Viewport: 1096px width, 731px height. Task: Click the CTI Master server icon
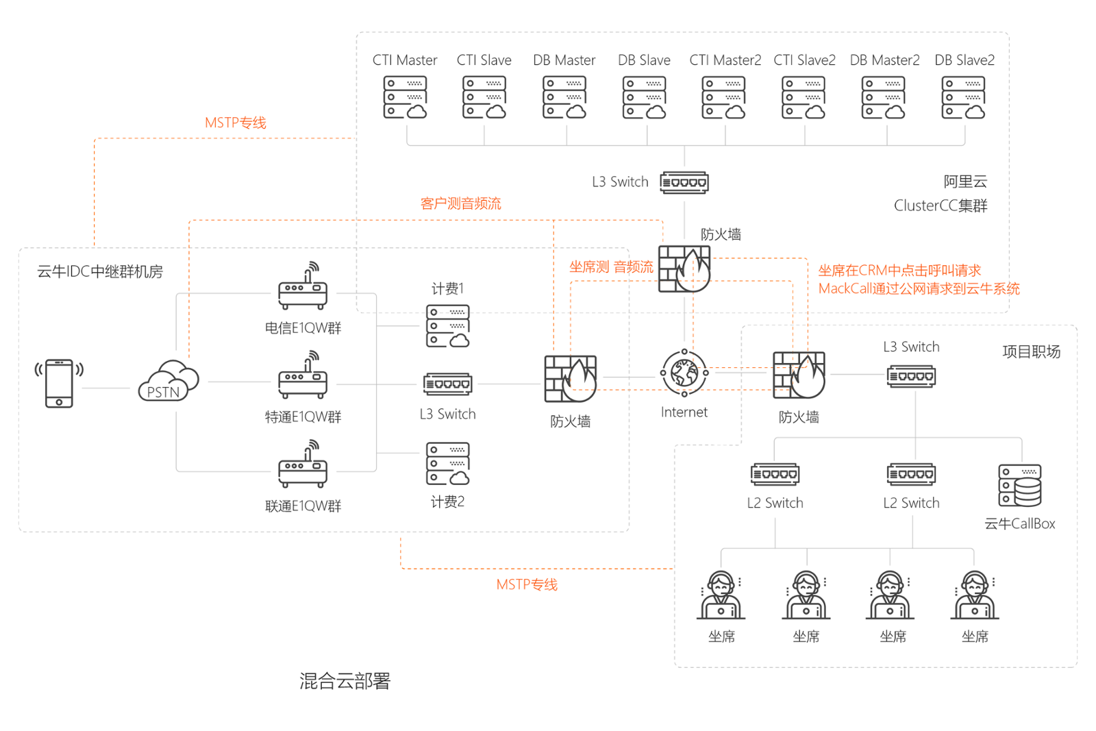point(405,97)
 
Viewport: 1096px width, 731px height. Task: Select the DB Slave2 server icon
point(963,97)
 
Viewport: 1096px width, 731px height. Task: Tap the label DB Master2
point(884,60)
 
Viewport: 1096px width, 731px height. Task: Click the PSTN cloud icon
point(168,381)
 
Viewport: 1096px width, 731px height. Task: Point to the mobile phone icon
point(59,383)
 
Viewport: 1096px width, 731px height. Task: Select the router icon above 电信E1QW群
point(303,287)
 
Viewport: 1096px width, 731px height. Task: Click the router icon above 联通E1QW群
point(303,465)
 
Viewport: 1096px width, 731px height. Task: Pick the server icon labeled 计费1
point(447,326)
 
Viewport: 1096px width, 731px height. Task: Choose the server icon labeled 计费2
point(447,464)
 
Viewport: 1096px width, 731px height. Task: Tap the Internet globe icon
point(684,373)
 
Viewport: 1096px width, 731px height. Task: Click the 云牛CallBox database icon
point(1020,486)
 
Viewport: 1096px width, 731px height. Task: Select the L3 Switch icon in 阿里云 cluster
point(684,183)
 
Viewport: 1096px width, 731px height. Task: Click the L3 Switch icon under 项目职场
point(911,376)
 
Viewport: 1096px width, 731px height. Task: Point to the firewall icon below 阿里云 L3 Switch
point(684,269)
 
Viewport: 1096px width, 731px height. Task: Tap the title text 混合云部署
point(345,681)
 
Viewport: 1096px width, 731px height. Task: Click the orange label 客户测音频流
point(460,203)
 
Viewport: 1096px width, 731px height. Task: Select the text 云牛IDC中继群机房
point(100,272)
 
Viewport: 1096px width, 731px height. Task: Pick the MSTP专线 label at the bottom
point(527,584)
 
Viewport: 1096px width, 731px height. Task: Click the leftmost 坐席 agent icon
point(721,596)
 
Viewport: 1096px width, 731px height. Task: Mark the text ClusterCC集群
point(940,206)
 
